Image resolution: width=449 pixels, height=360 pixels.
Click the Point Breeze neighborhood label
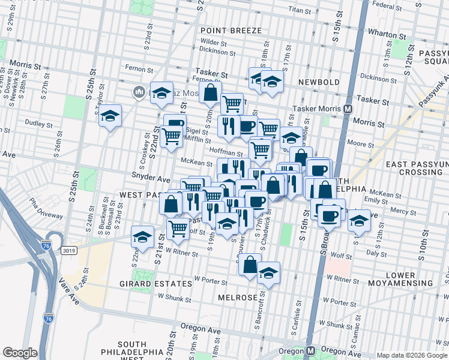pos(231,31)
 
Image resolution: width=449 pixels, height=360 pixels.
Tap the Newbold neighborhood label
pos(319,82)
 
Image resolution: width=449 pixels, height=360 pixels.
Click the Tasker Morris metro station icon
pos(347,109)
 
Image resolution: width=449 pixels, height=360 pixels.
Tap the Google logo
pos(20,353)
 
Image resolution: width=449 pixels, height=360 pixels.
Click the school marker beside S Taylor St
pos(110,116)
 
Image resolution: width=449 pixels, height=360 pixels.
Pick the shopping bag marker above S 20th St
pos(211,93)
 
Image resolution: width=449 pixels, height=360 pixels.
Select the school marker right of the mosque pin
pos(161,92)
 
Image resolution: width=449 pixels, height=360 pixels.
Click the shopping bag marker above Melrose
pos(249,263)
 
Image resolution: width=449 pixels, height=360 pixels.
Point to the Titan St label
pos(299,10)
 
